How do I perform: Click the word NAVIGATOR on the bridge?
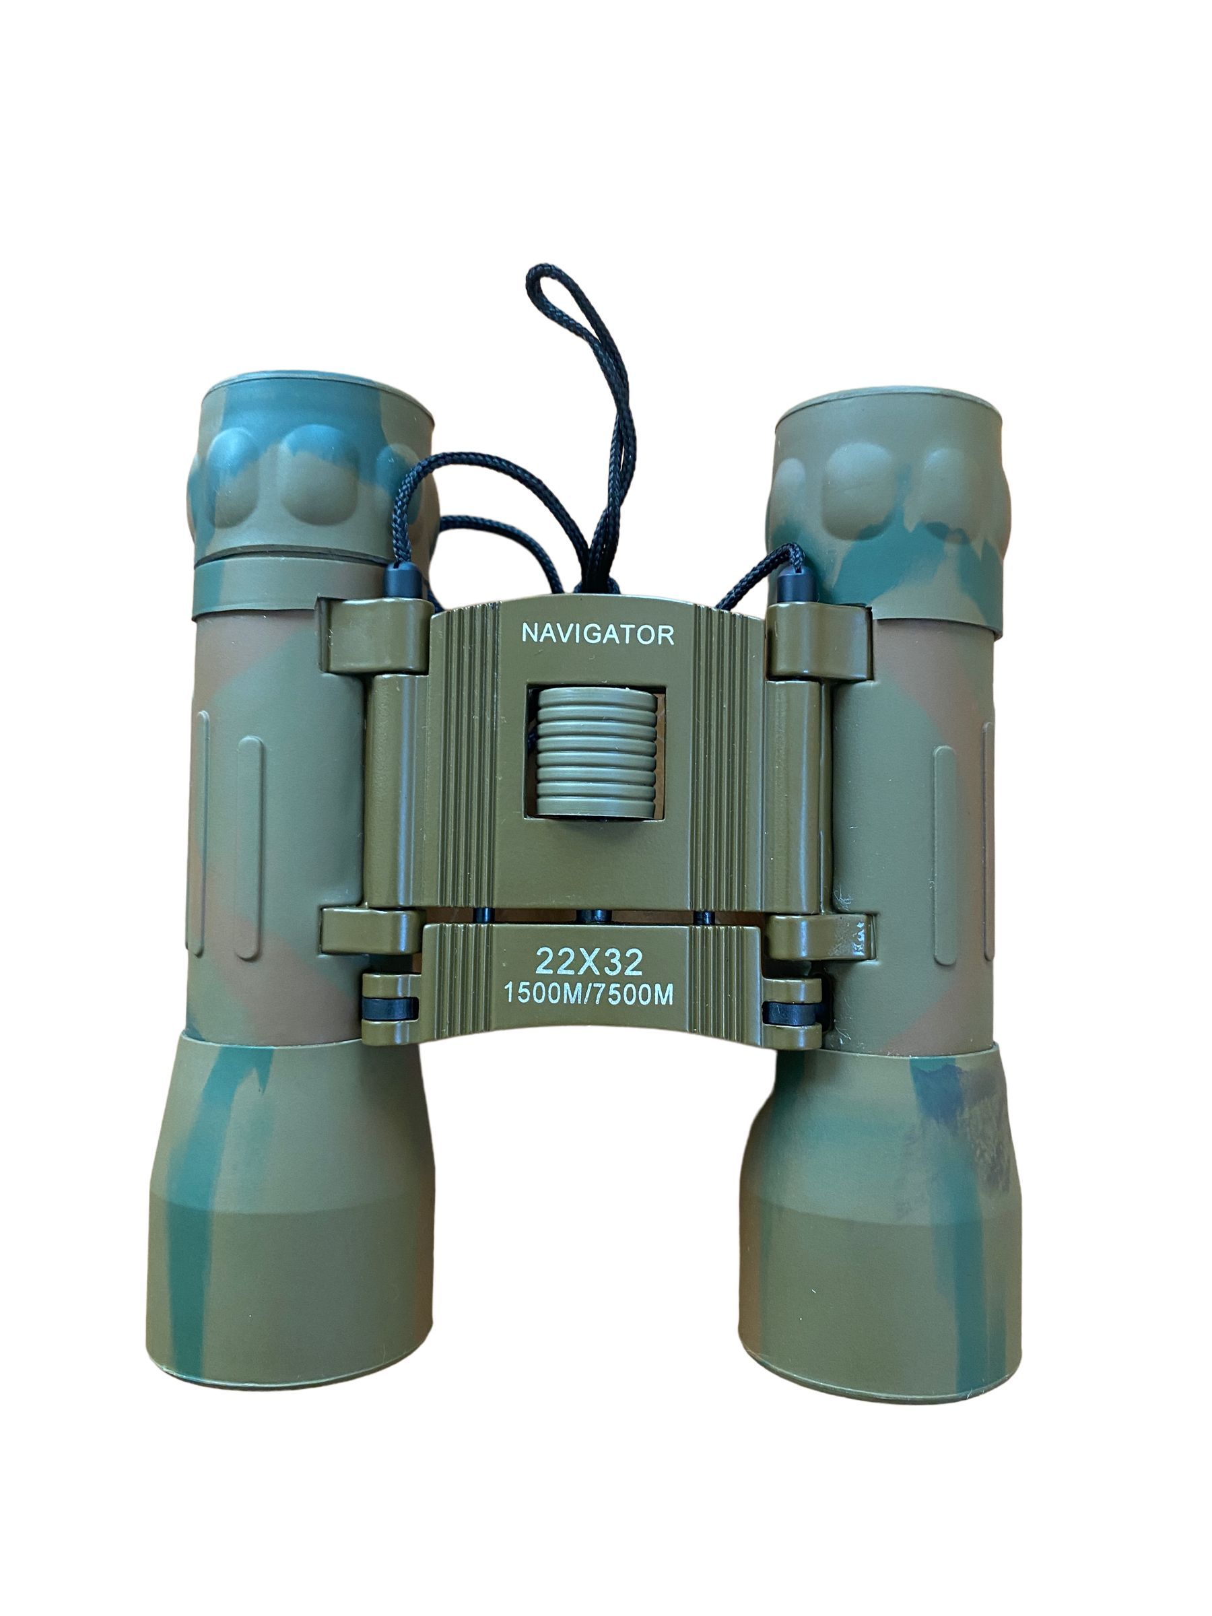pos(597,634)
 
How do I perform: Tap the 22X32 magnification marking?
pos(589,962)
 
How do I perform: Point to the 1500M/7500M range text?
pos(588,995)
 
